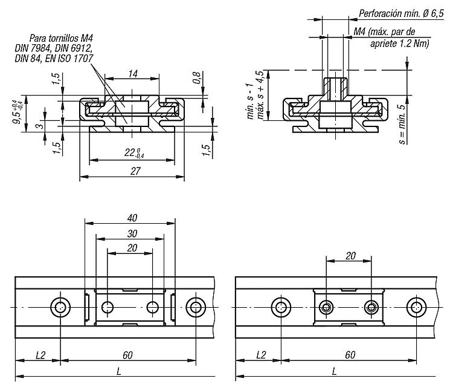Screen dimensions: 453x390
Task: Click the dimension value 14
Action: [133, 74]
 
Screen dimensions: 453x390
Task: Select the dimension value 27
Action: [135, 171]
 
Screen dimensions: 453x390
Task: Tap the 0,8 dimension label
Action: [197, 77]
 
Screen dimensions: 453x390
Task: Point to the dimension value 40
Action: [132, 218]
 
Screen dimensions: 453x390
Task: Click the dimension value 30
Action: [132, 233]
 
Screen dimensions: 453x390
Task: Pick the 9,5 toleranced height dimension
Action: [18, 112]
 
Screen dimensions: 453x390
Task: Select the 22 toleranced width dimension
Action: [134, 152]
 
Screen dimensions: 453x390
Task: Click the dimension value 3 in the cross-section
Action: [40, 126]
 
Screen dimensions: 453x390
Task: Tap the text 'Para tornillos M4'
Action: [61, 38]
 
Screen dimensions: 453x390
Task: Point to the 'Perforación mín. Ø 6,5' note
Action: [401, 13]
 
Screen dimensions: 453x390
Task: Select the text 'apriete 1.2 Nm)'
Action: [400, 44]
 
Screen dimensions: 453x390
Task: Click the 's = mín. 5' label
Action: [402, 124]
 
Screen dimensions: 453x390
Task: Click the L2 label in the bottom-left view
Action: [40, 355]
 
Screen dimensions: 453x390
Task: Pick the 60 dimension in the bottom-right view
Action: [350, 355]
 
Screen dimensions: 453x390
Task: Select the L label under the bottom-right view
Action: [334, 371]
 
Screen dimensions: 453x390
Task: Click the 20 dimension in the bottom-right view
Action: [350, 256]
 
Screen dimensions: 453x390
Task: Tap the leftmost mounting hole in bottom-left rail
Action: [60, 307]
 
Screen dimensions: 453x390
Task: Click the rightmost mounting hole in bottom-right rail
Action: [416, 307]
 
